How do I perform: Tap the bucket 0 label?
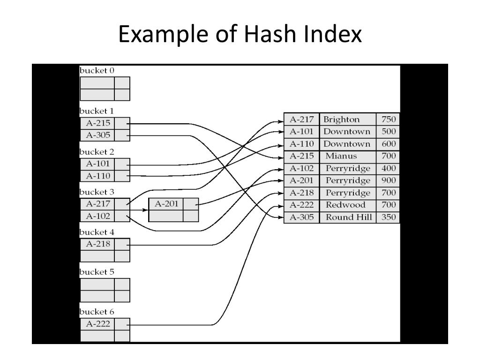click(x=97, y=71)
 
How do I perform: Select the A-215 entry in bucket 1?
click(x=97, y=124)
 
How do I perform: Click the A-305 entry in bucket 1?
click(x=97, y=135)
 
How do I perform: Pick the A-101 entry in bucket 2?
click(x=97, y=165)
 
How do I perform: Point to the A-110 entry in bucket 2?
click(x=97, y=176)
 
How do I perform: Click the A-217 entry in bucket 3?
click(x=97, y=204)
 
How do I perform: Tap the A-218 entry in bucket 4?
click(x=97, y=244)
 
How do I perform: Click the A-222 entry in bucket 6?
click(x=97, y=324)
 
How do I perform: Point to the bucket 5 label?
click(x=97, y=272)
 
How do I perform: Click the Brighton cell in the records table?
click(x=342, y=119)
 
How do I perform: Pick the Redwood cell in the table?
click(x=345, y=205)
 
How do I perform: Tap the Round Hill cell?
click(x=349, y=217)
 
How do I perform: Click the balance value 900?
click(x=389, y=180)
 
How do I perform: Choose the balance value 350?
click(x=389, y=217)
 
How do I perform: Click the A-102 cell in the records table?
click(x=301, y=168)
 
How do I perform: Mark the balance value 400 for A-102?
click(x=389, y=168)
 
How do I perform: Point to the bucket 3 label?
click(x=97, y=192)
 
